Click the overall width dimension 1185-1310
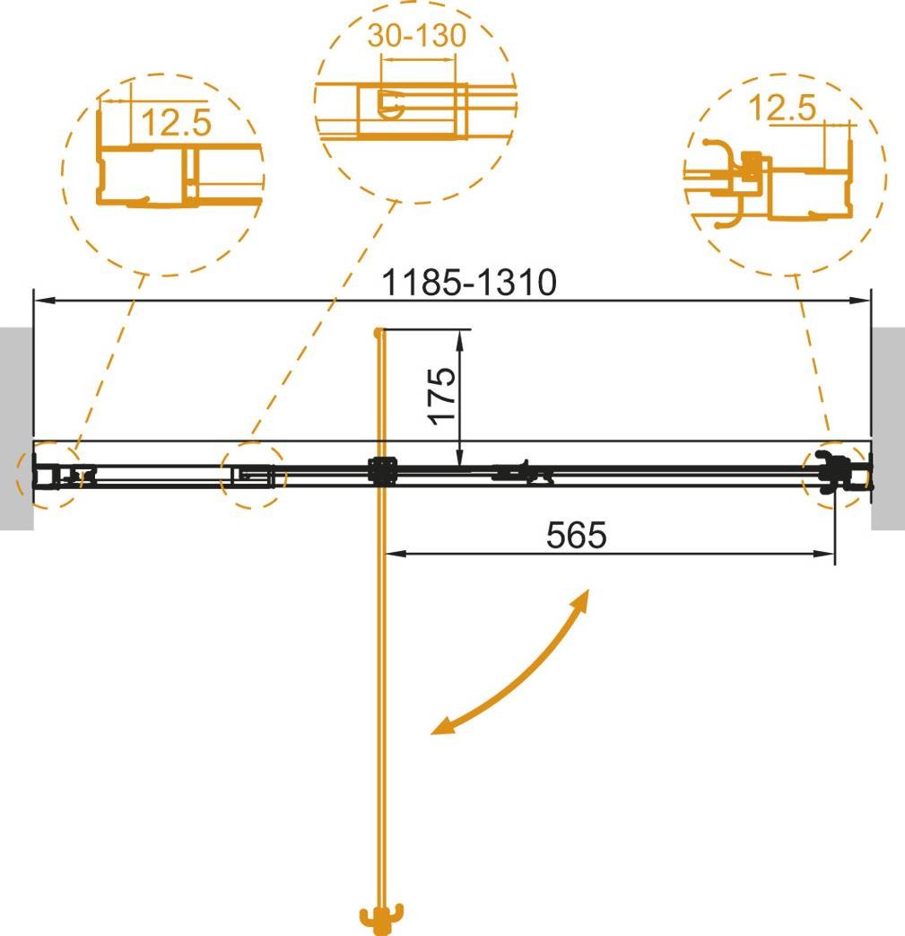point(469,282)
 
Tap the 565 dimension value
point(577,535)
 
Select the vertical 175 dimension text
point(442,396)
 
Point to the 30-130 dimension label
point(416,35)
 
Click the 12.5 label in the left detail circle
point(176,122)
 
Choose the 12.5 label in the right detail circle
point(781,108)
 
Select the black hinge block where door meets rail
point(382,471)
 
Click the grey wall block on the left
point(17,428)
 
